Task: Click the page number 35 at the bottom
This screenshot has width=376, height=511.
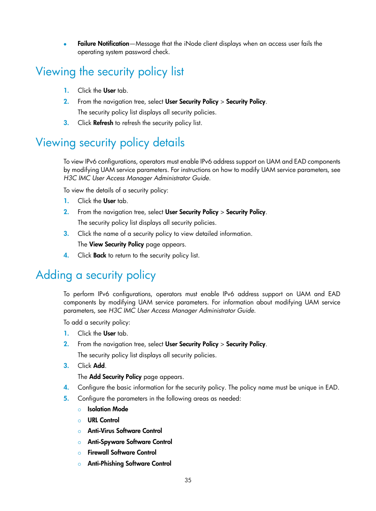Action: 188,480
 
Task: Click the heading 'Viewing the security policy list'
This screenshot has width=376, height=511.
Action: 110,72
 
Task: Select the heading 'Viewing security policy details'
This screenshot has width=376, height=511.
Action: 110,143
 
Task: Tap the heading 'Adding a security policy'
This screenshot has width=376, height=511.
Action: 96,275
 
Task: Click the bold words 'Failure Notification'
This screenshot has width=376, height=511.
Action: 103,44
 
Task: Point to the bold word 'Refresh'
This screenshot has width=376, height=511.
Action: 103,123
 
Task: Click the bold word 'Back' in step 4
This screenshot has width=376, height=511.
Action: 100,255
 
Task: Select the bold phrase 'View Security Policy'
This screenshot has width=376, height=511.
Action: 116,244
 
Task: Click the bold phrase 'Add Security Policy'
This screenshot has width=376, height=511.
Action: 115,377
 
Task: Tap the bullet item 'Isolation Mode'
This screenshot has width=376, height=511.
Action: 108,409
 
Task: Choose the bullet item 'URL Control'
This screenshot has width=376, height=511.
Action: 103,420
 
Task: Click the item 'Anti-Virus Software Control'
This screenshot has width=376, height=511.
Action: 125,431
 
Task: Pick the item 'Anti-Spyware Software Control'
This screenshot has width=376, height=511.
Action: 130,442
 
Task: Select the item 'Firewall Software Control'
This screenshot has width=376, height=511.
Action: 122,453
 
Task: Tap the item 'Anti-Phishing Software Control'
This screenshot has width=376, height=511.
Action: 129,464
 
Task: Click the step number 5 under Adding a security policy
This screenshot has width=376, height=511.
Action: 66,399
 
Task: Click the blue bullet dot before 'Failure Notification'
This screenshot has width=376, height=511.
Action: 65,44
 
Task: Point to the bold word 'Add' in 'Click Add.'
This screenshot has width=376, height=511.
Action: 99,366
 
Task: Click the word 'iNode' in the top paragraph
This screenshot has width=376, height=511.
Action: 192,44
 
